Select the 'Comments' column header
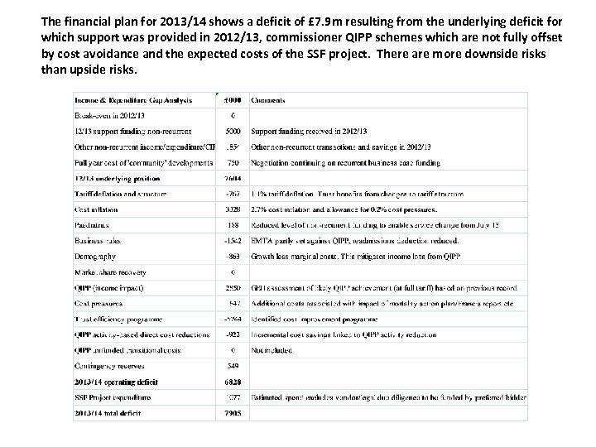pyautogui.click(x=268, y=99)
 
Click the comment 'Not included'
pyautogui.click(x=271, y=349)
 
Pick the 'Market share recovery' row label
pyautogui.click(x=113, y=272)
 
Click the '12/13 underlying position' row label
pyautogui.click(x=117, y=178)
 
